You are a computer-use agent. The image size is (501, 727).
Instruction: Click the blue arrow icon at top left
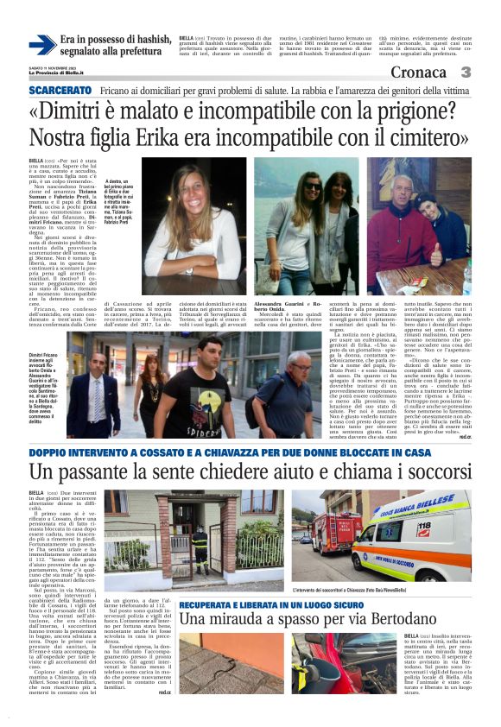[x=42, y=45]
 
